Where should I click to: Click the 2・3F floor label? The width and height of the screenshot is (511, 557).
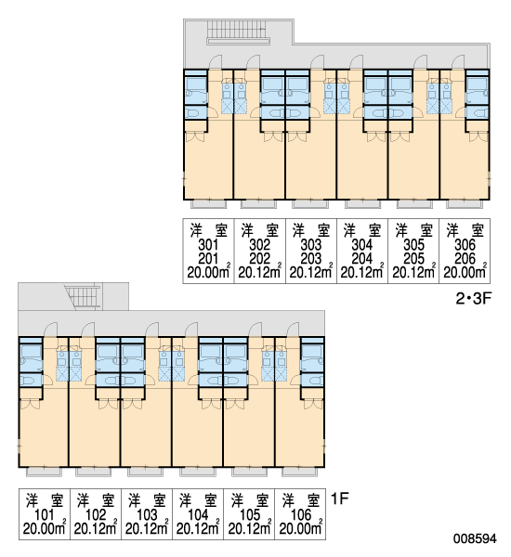tap(473, 299)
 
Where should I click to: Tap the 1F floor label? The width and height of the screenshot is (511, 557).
tap(340, 499)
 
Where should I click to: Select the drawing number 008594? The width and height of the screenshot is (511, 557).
tap(475, 538)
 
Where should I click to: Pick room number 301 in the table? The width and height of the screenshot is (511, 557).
tap(208, 245)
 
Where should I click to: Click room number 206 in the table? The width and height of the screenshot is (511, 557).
tap(465, 259)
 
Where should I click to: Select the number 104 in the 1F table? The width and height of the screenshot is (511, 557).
tap(198, 514)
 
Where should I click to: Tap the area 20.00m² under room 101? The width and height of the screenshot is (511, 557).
tap(45, 528)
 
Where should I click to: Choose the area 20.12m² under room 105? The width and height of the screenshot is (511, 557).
tap(249, 528)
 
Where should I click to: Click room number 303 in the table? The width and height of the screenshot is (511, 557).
tap(311, 245)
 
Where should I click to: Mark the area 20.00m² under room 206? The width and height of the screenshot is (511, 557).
tap(465, 272)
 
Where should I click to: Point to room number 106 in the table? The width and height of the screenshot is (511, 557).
tap(300, 514)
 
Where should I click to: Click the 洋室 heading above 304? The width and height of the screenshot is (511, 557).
tap(362, 231)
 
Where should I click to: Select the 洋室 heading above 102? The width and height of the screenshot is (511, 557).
tap(96, 501)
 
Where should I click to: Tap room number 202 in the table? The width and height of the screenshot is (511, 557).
tap(260, 259)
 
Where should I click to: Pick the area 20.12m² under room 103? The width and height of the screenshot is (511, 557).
tap(147, 528)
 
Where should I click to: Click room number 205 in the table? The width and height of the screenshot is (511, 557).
tap(414, 259)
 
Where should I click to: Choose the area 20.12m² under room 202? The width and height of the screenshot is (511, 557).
tap(260, 272)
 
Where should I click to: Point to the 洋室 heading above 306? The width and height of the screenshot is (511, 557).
tap(465, 231)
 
